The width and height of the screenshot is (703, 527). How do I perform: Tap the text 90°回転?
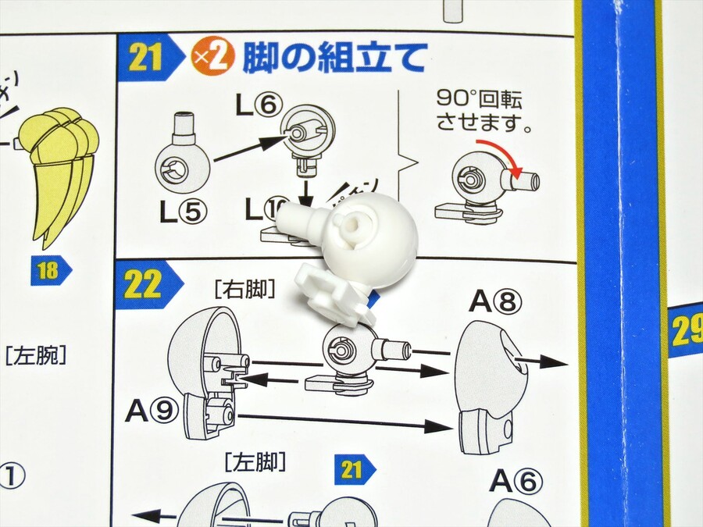478,101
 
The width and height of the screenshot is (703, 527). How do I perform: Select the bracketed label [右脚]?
243,290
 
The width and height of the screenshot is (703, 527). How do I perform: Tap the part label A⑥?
516,482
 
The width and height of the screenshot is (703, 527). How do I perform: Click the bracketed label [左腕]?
35,358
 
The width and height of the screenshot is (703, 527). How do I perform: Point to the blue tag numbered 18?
50,271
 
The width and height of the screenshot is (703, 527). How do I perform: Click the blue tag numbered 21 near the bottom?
354,469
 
